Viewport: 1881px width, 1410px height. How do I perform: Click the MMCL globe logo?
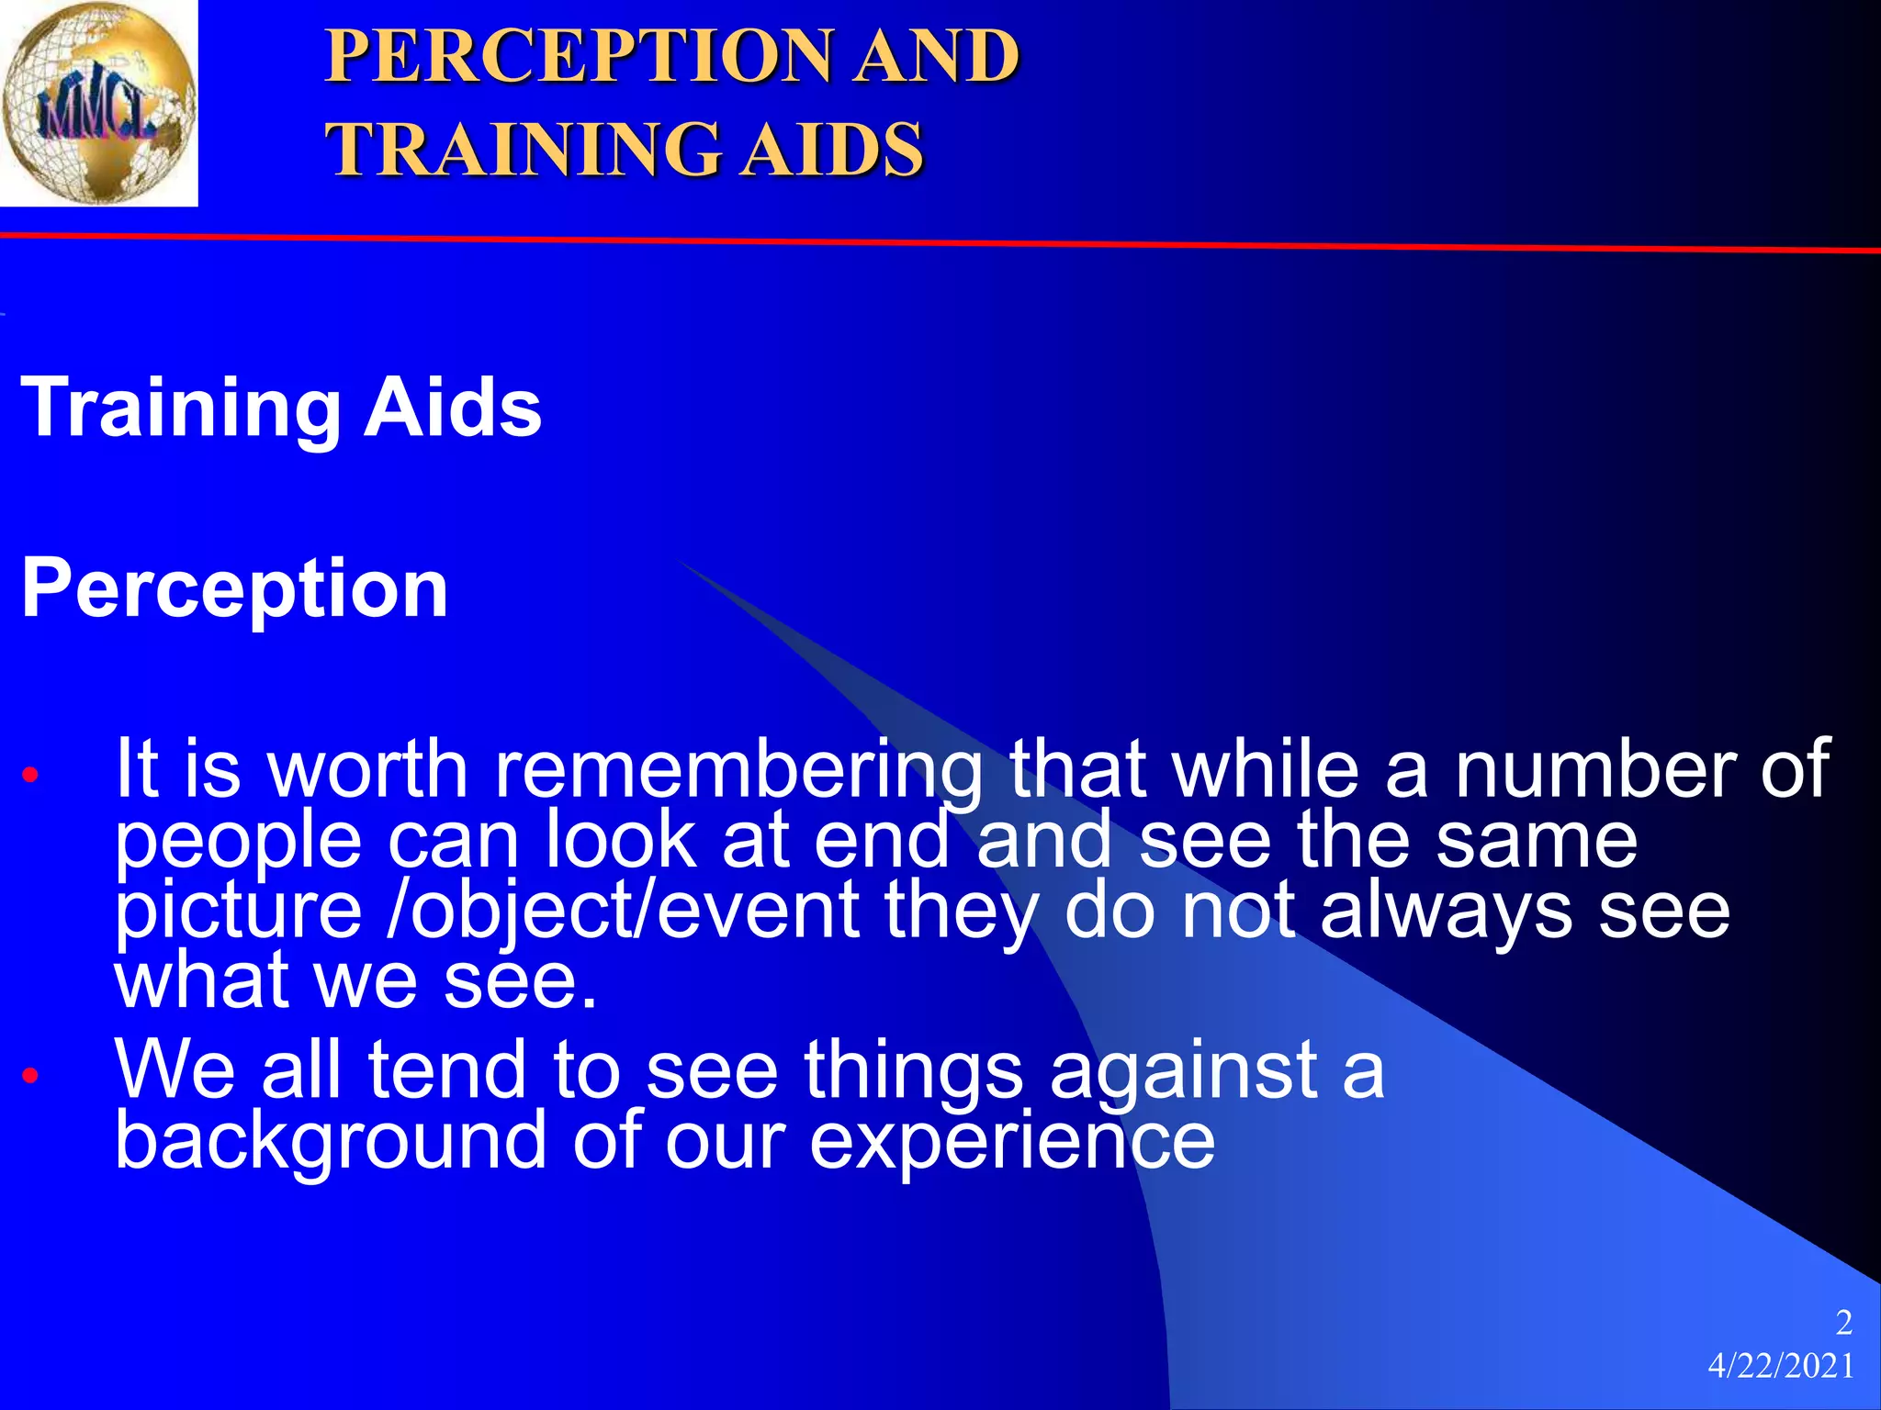point(98,102)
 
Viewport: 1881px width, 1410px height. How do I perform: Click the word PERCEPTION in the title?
point(579,57)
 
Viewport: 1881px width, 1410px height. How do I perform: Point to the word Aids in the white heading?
point(452,408)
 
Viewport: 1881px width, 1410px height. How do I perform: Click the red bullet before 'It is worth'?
point(30,775)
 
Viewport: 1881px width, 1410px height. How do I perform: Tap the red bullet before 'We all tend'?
point(30,1074)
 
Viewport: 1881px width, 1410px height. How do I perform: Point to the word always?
point(1447,912)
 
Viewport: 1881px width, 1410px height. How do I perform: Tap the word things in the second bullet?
point(913,1070)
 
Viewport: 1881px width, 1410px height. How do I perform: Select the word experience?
point(1012,1142)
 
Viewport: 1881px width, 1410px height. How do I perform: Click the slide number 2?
point(1842,1323)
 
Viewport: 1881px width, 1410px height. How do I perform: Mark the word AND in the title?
point(937,57)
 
